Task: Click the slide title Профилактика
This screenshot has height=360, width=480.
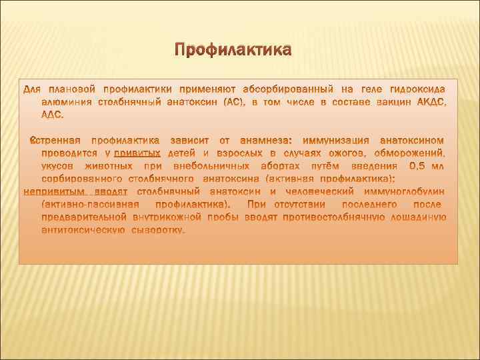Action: pos(233,51)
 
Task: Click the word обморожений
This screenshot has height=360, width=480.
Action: pos(409,153)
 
